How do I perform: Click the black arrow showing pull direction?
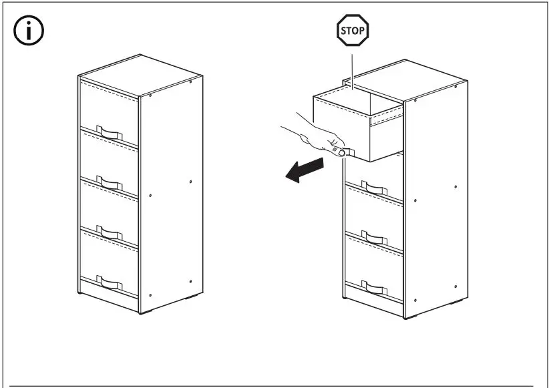coord(303,170)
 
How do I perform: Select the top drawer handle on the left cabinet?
coord(108,132)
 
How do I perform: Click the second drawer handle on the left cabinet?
coord(108,182)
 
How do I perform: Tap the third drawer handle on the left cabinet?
coord(108,233)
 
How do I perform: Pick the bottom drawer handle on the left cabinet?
coord(108,282)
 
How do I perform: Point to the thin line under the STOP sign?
coord(351,67)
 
